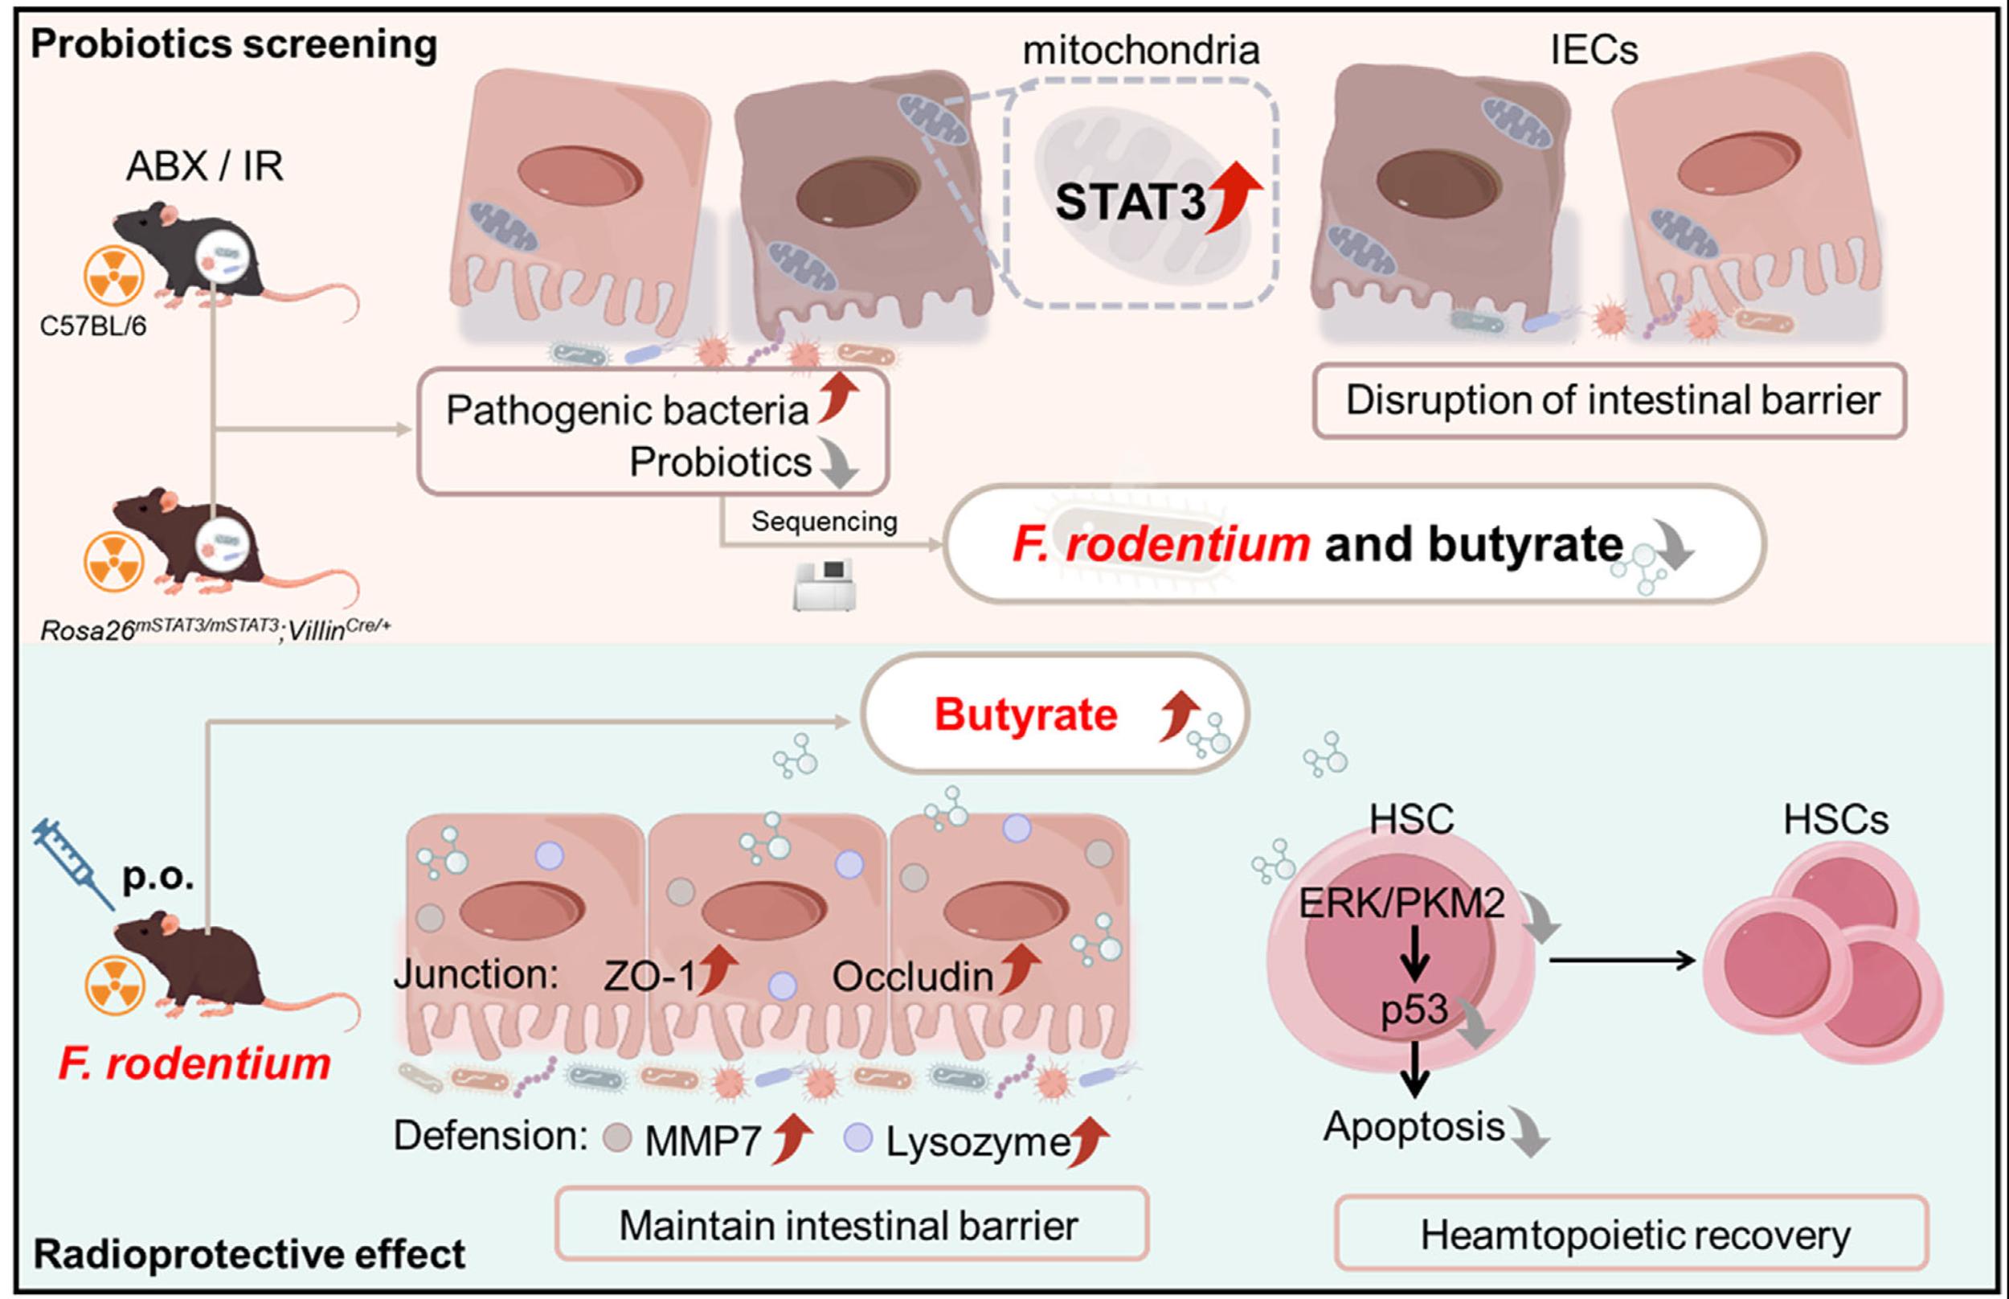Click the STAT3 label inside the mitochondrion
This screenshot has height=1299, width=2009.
tap(1130, 203)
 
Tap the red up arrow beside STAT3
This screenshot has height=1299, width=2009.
tap(1234, 195)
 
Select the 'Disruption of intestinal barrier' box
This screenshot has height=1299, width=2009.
tap(1611, 400)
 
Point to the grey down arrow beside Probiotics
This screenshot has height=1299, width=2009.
tap(838, 465)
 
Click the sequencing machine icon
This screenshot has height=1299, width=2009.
tap(824, 584)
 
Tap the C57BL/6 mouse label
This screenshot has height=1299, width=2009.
tap(92, 326)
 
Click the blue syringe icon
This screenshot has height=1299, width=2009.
tap(72, 865)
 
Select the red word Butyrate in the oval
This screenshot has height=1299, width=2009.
tap(1025, 715)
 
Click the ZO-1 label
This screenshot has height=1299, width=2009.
tap(650, 977)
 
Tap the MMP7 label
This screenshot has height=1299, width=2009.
tap(702, 1141)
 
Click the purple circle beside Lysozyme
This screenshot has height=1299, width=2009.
tap(857, 1139)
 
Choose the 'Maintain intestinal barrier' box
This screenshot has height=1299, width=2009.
tap(849, 1226)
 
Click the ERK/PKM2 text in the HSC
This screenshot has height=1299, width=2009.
tap(1401, 904)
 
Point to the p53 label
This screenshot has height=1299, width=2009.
tap(1414, 1010)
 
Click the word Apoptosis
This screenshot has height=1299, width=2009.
tap(1414, 1127)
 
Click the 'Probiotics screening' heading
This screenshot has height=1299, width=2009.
tap(234, 44)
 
